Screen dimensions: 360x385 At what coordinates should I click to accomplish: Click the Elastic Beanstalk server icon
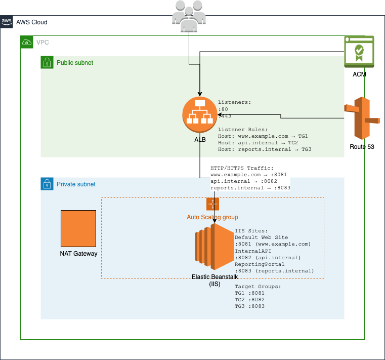point(212,247)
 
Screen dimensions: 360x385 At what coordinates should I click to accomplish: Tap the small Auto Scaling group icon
point(212,204)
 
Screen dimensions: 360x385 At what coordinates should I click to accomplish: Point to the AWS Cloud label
point(32,22)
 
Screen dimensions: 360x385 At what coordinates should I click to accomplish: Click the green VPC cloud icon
point(26,42)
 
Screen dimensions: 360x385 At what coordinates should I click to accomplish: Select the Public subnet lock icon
point(47,62)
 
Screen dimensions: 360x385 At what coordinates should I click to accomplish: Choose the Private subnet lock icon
point(47,184)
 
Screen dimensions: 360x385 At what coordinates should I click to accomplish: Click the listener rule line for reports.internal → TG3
point(265,149)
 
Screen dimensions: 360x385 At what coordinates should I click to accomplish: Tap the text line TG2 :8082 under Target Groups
point(249,300)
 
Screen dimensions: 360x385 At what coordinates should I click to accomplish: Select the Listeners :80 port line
point(223,109)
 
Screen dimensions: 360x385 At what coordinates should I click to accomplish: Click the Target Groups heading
point(258,287)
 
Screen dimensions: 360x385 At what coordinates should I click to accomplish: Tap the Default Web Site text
point(262,237)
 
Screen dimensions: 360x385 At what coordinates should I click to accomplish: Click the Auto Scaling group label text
point(212,217)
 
